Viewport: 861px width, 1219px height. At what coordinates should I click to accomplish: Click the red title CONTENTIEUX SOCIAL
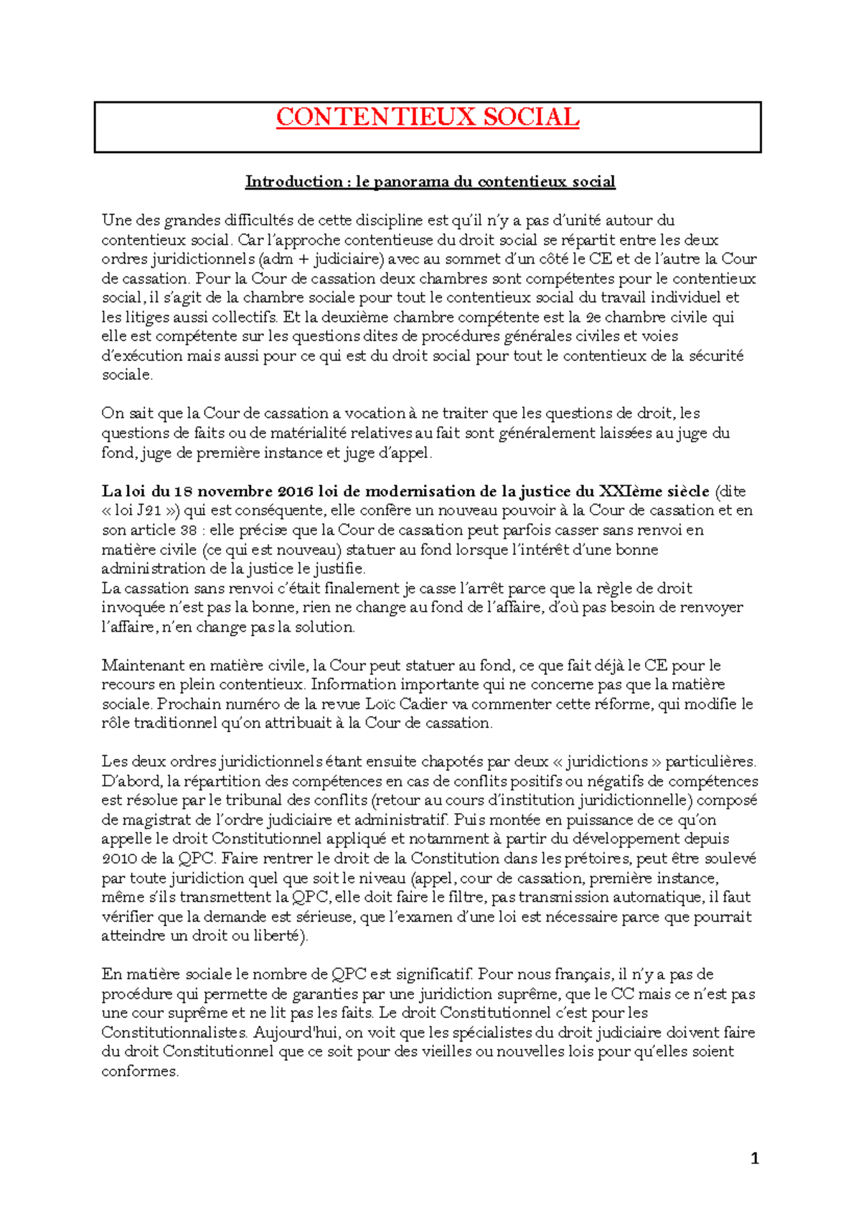[x=428, y=117]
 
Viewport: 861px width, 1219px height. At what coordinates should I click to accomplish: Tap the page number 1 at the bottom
[x=754, y=1158]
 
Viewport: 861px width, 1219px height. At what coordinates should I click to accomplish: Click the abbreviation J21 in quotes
[x=149, y=511]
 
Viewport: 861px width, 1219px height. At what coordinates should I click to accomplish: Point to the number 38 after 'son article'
[x=189, y=531]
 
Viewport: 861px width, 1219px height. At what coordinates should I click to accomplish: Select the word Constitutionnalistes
[x=173, y=1033]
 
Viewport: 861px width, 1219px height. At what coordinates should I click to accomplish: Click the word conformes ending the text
[x=139, y=1072]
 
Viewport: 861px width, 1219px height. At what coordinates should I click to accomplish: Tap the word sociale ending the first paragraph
[x=126, y=375]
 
